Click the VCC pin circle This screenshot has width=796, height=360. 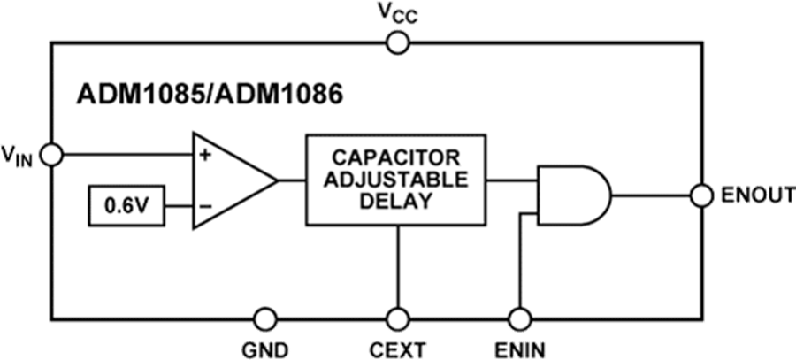(398, 41)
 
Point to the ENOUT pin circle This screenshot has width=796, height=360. (700, 195)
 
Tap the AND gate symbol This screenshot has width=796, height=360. (573, 195)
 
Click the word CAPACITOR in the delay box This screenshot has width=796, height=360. (395, 158)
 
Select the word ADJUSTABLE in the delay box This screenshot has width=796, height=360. (395, 180)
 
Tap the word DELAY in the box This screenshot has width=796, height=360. (395, 201)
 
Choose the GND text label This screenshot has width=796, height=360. (264, 348)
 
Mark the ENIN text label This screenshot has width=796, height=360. (522, 348)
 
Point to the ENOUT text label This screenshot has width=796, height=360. (752, 196)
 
